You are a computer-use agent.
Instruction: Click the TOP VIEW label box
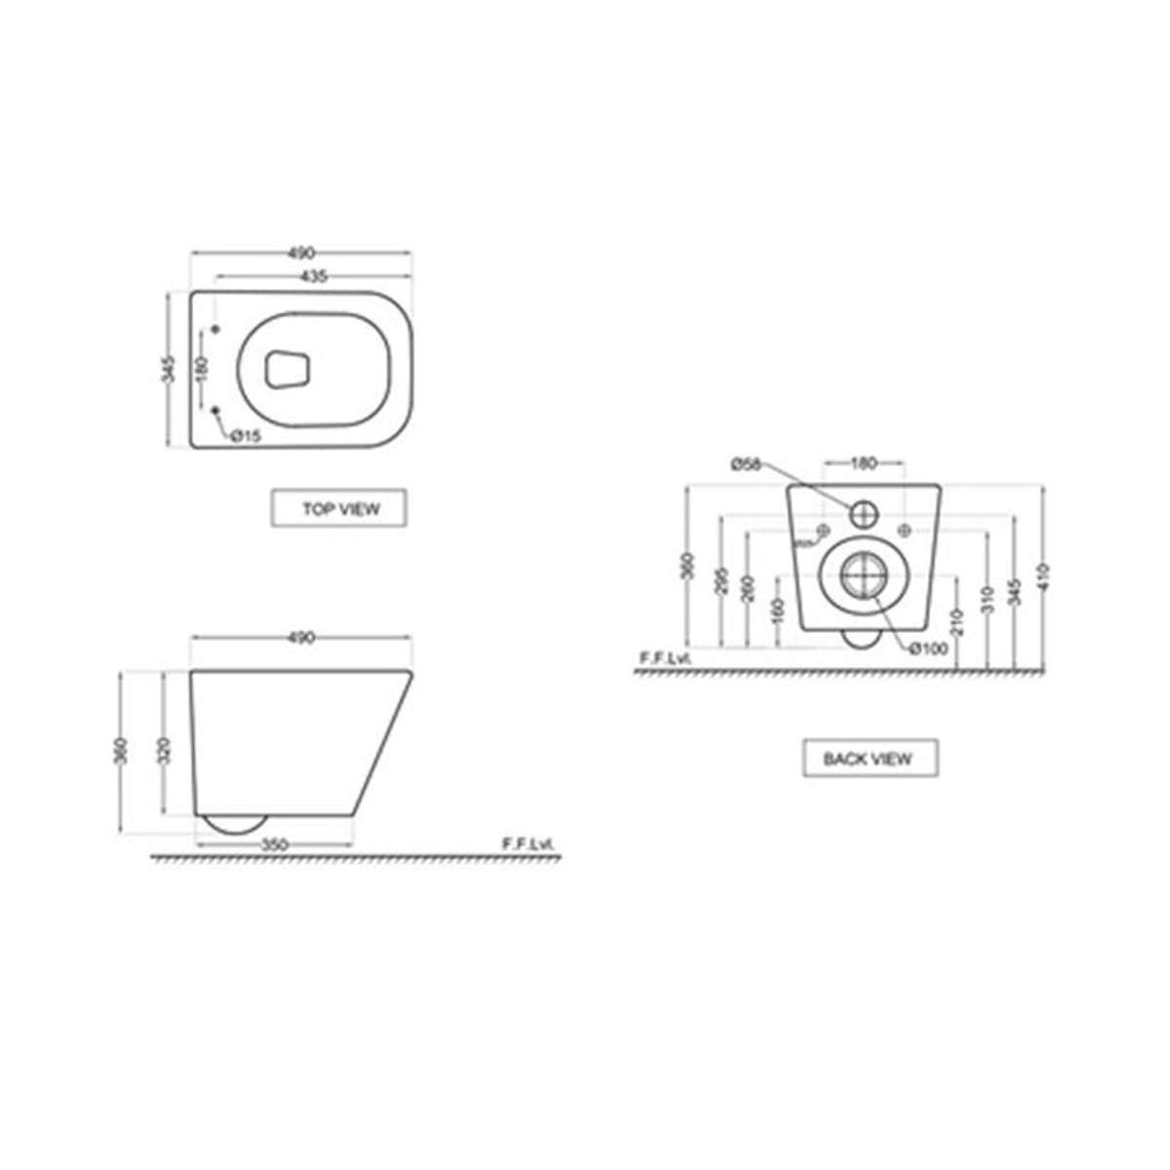click(x=338, y=509)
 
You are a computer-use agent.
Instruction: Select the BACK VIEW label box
click(x=870, y=758)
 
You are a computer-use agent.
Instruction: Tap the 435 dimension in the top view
click(x=312, y=276)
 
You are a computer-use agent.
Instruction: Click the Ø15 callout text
click(x=246, y=437)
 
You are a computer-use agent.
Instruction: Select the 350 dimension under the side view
click(x=276, y=845)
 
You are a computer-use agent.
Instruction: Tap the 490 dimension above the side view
click(x=301, y=638)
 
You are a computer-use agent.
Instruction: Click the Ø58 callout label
click(x=746, y=464)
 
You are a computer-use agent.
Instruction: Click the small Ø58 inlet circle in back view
click(x=864, y=513)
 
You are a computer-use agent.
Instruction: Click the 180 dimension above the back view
click(x=864, y=464)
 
